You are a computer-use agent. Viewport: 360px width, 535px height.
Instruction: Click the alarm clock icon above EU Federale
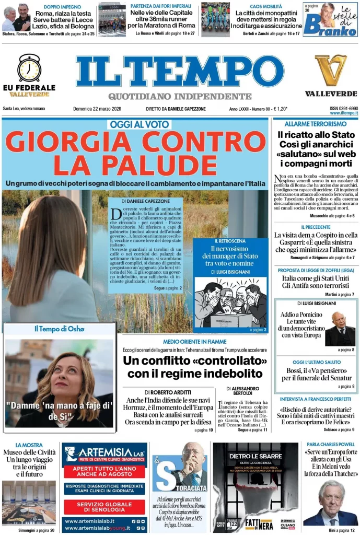[x=29, y=68]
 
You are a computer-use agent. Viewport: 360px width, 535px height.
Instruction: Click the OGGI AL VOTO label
[x=139, y=124]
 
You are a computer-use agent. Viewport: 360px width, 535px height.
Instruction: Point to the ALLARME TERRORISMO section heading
[x=316, y=124]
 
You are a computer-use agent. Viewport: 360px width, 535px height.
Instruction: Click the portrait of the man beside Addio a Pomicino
[x=340, y=329]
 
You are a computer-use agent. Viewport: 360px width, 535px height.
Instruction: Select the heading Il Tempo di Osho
[x=59, y=329]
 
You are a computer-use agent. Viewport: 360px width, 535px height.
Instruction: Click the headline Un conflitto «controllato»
[x=195, y=367]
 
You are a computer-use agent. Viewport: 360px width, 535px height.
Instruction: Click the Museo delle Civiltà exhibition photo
[x=29, y=502]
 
